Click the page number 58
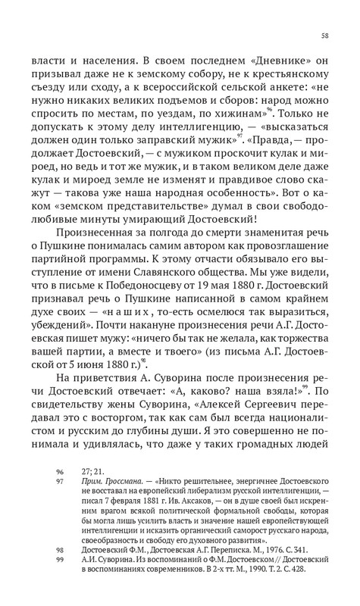[x=324, y=36]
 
